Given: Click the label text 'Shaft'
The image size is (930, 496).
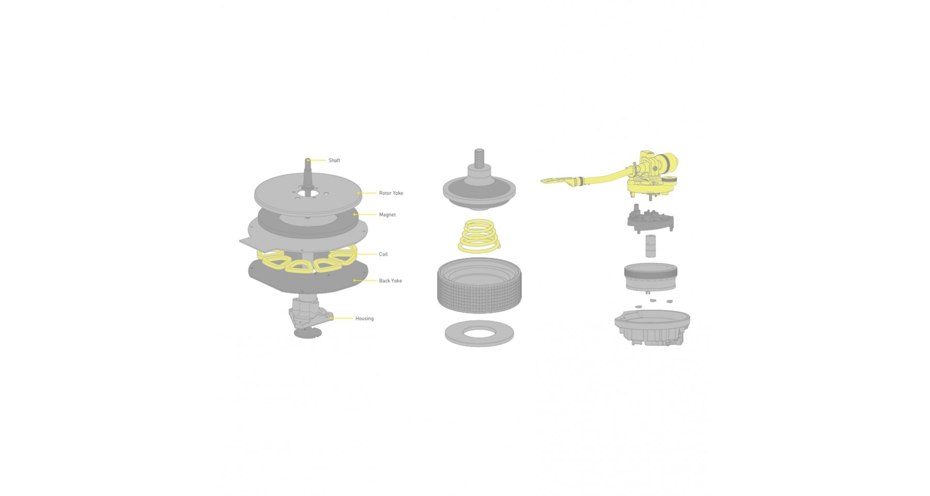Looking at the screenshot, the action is click(x=334, y=160).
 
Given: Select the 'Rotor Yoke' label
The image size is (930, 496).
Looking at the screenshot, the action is click(x=391, y=193).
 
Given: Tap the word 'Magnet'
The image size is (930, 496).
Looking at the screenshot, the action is click(x=387, y=215).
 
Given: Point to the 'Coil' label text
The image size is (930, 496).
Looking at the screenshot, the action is click(x=383, y=254).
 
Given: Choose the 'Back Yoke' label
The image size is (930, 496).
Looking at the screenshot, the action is click(x=390, y=281).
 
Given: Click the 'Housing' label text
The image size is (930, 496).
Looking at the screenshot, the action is click(x=364, y=319).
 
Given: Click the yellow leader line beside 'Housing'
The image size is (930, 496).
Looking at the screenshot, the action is click(x=342, y=319).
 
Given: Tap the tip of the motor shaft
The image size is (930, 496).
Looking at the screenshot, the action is click(x=308, y=159).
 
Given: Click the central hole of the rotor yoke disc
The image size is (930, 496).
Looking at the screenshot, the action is click(x=308, y=193).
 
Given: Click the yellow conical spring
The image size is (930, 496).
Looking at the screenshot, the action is click(x=479, y=236).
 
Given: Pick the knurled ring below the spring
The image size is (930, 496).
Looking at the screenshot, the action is click(x=479, y=286).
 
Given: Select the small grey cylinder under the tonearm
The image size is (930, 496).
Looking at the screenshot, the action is click(x=651, y=246).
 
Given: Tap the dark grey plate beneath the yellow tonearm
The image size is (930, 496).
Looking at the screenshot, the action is click(x=650, y=219).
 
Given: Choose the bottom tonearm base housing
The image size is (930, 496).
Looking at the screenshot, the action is click(x=652, y=328).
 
